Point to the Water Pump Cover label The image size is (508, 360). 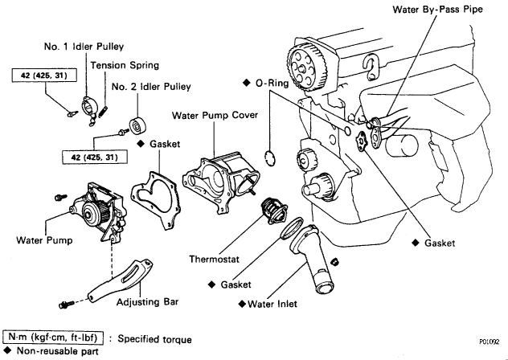pos(215,116)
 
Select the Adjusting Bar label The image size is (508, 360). pos(148,302)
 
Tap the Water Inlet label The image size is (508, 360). pos(269,303)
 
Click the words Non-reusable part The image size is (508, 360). pos(55,352)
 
